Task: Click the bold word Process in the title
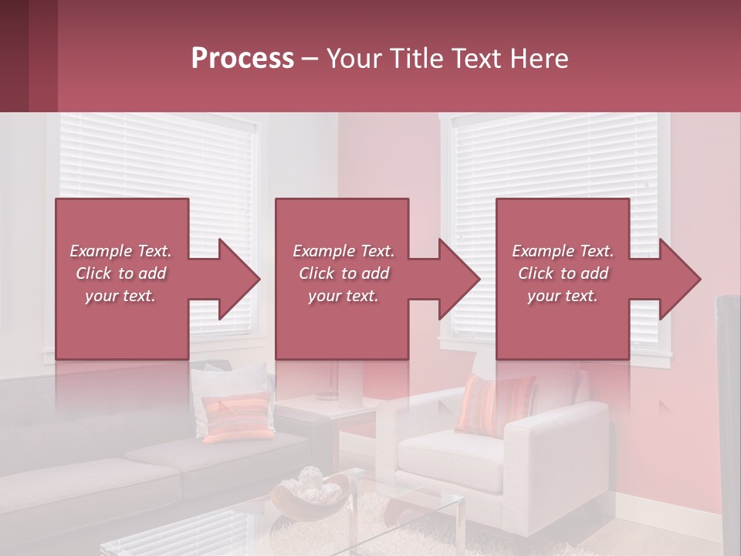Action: pyautogui.click(x=242, y=59)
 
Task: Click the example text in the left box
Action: pyautogui.click(x=121, y=273)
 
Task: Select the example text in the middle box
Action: pyautogui.click(x=343, y=273)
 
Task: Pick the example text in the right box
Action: pyautogui.click(x=563, y=273)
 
